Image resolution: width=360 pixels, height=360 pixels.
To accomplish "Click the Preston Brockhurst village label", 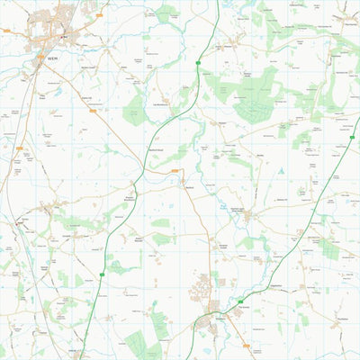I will (x=132, y=198).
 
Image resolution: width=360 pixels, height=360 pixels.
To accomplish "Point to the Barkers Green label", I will (x=87, y=67).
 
